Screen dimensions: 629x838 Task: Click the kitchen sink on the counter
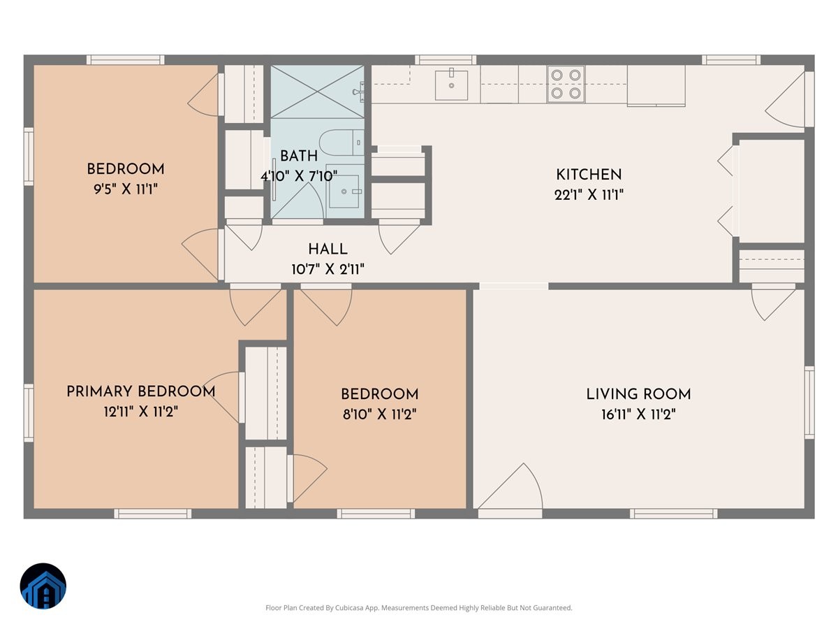[x=451, y=84]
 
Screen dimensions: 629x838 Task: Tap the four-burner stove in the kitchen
[x=565, y=83]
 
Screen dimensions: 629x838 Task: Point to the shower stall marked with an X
[x=318, y=92]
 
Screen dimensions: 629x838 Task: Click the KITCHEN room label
[x=588, y=175]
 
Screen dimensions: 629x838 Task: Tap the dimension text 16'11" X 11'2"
[x=638, y=414]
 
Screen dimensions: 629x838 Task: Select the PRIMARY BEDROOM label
[x=140, y=391]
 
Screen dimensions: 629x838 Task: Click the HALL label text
[x=328, y=250]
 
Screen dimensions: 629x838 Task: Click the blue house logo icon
[x=43, y=586]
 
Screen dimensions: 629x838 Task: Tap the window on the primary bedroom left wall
[x=29, y=413]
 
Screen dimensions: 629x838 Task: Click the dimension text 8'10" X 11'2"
[x=379, y=414]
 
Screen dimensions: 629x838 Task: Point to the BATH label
[x=299, y=156]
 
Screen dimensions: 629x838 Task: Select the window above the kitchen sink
[x=445, y=60]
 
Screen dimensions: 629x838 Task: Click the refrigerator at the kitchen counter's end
[x=656, y=85]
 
